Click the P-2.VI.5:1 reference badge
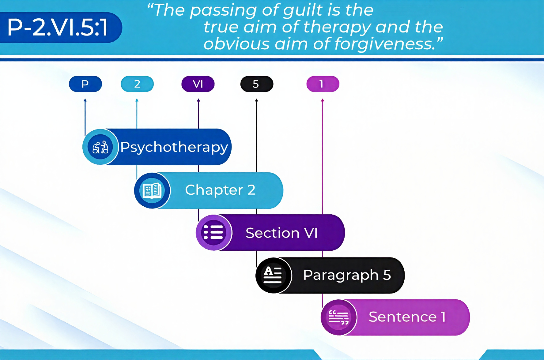[58, 28]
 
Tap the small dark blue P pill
[85, 84]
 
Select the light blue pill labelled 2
[137, 84]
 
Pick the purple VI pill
[198, 84]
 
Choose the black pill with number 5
[256, 84]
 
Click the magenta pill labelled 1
[323, 84]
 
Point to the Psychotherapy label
[174, 147]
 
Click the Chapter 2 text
[220, 190]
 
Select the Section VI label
[281, 233]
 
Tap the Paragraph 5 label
[347, 275]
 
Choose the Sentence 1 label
[407, 317]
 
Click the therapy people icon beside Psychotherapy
[100, 147]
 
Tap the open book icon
[152, 190]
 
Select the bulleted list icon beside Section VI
[213, 233]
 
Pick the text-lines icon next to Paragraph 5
[273, 275]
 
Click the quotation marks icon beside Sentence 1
[338, 317]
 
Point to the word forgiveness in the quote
[385, 44]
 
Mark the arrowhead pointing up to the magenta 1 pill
[322, 100]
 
